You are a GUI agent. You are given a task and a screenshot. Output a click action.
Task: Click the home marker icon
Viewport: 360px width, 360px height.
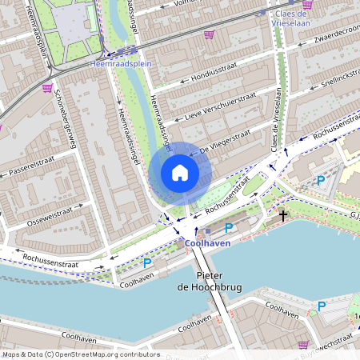(180, 173)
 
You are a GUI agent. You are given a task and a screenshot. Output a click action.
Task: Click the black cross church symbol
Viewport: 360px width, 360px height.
(282, 215)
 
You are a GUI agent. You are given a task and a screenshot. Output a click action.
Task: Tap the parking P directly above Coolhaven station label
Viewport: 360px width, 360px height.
(228, 228)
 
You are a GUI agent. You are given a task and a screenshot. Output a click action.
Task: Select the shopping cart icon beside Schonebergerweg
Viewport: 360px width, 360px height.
(47, 88)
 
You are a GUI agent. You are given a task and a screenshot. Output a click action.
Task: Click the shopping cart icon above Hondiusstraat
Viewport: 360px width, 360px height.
(210, 34)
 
